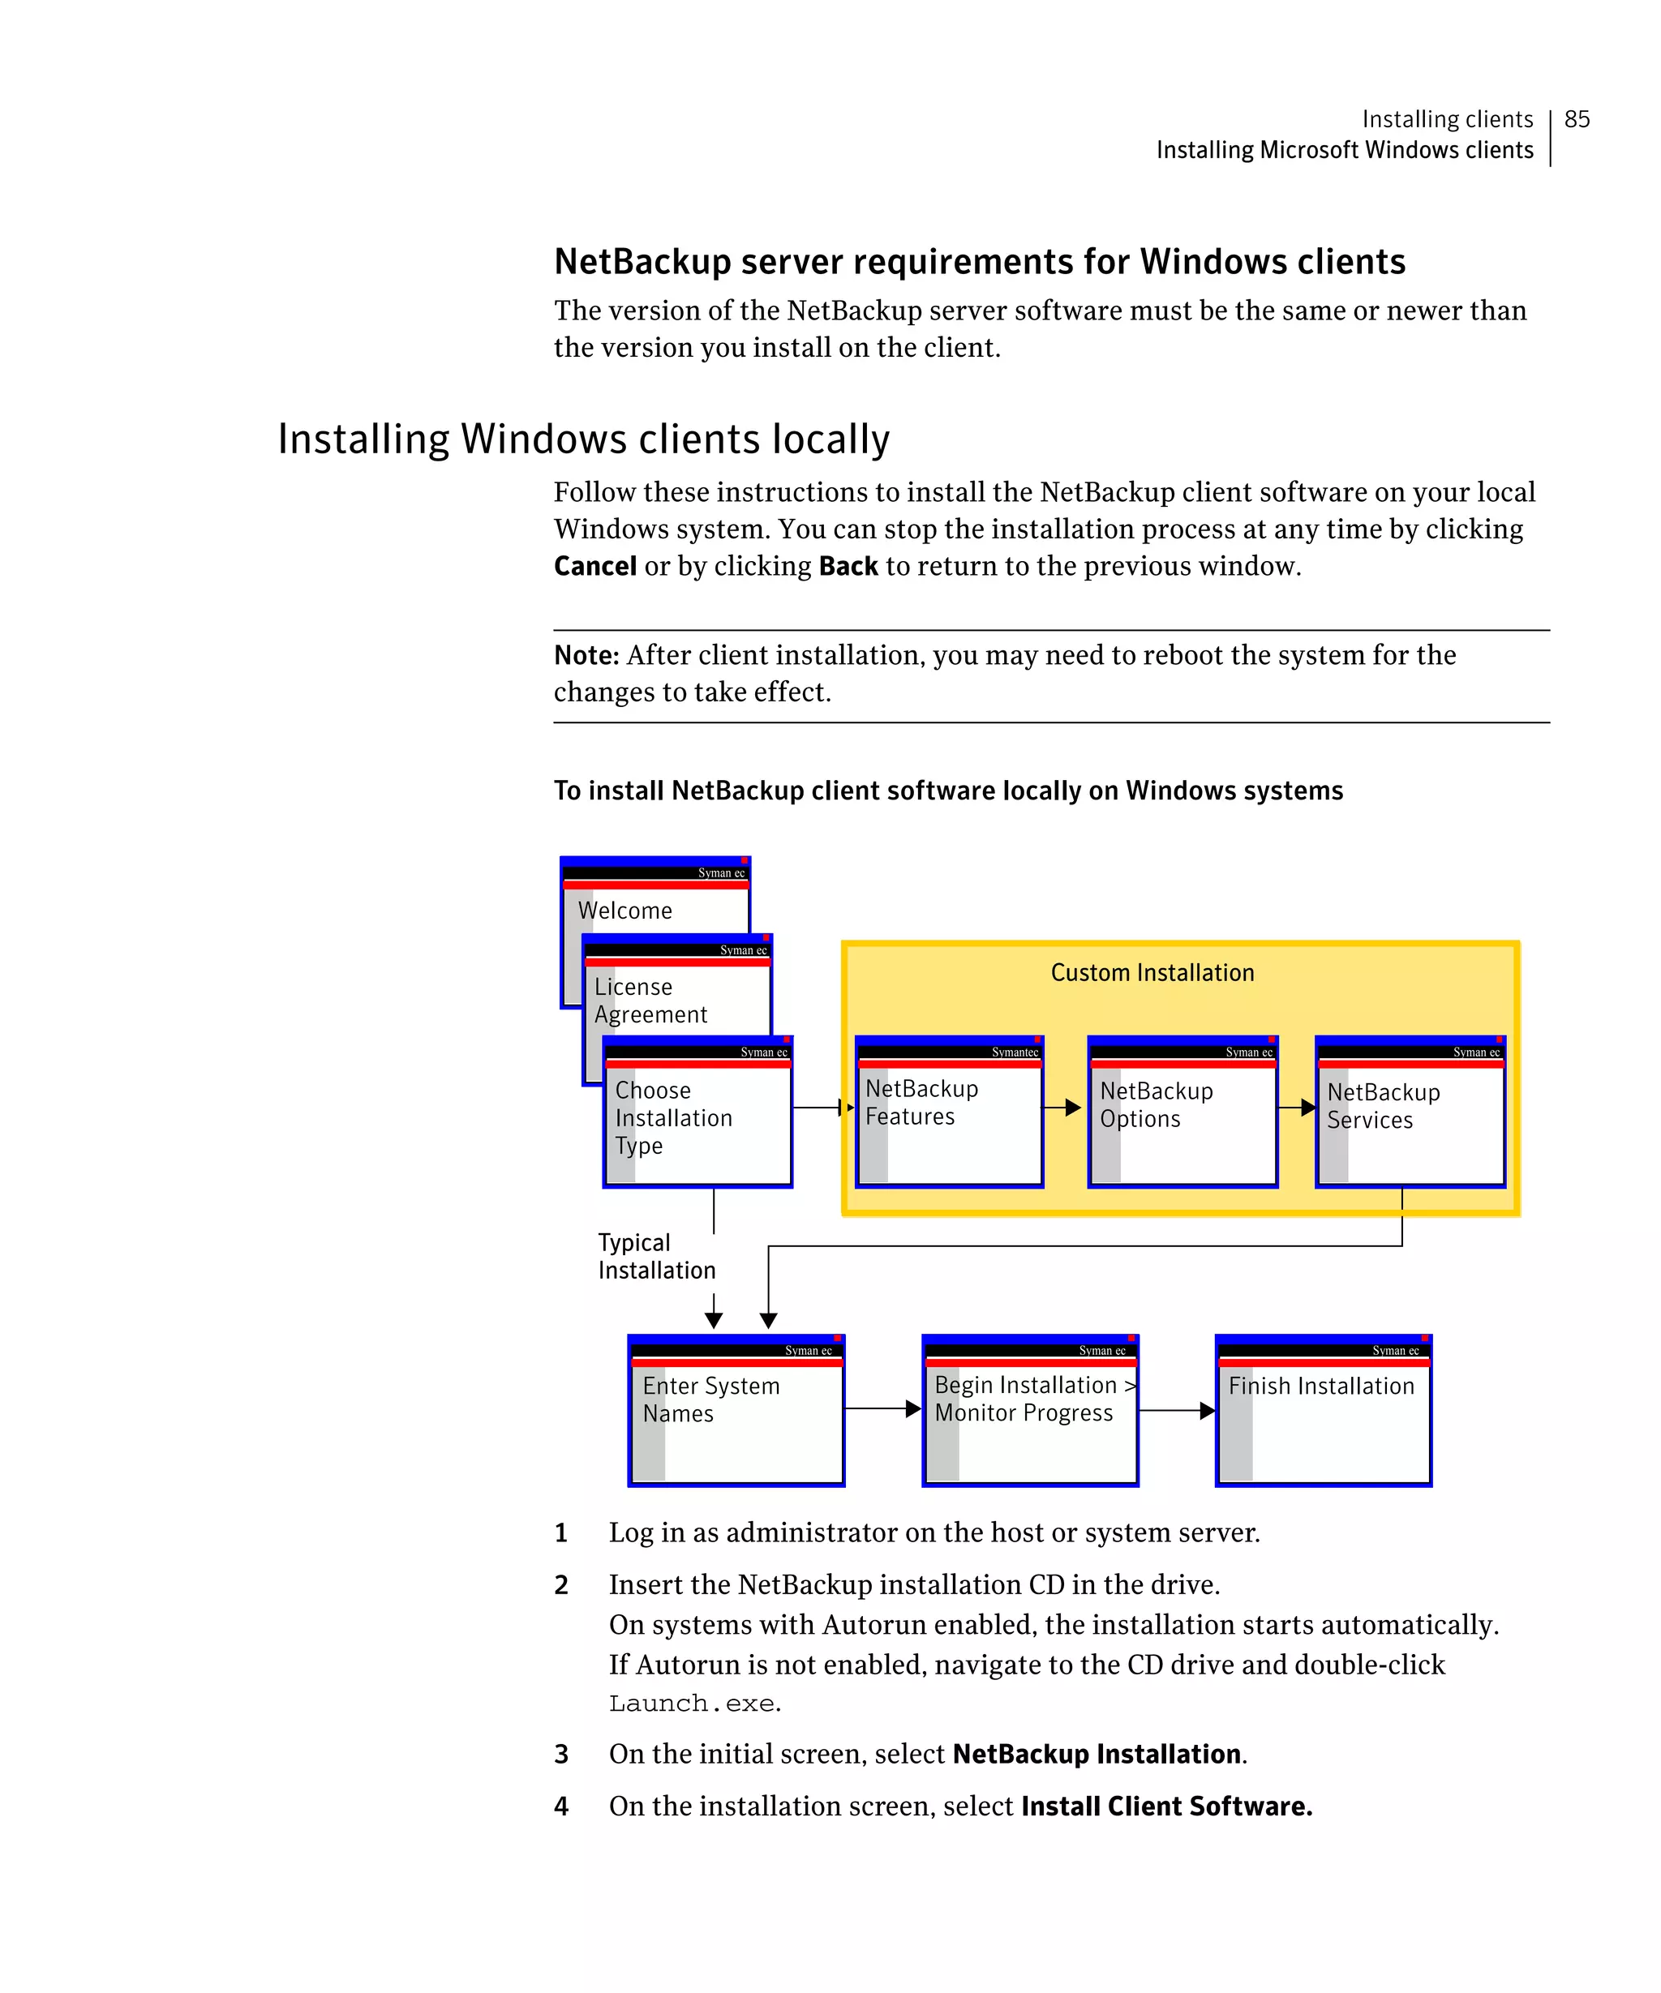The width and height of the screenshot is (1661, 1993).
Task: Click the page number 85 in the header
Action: (x=1577, y=118)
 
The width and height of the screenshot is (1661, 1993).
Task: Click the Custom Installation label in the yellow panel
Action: (x=1152, y=973)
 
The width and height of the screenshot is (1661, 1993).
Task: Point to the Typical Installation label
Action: (x=656, y=1257)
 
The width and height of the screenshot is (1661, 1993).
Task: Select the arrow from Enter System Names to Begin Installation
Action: (x=882, y=1409)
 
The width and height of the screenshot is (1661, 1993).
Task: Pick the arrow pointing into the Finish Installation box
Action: (x=1177, y=1411)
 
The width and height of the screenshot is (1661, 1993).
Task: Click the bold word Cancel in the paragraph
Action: (x=595, y=567)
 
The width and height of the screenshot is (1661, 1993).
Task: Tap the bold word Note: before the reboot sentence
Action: (x=586, y=656)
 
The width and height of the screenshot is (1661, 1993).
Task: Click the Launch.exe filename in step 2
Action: (x=693, y=1704)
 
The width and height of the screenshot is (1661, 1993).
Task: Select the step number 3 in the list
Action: (x=561, y=1754)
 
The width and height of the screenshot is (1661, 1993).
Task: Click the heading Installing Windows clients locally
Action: (x=584, y=439)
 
